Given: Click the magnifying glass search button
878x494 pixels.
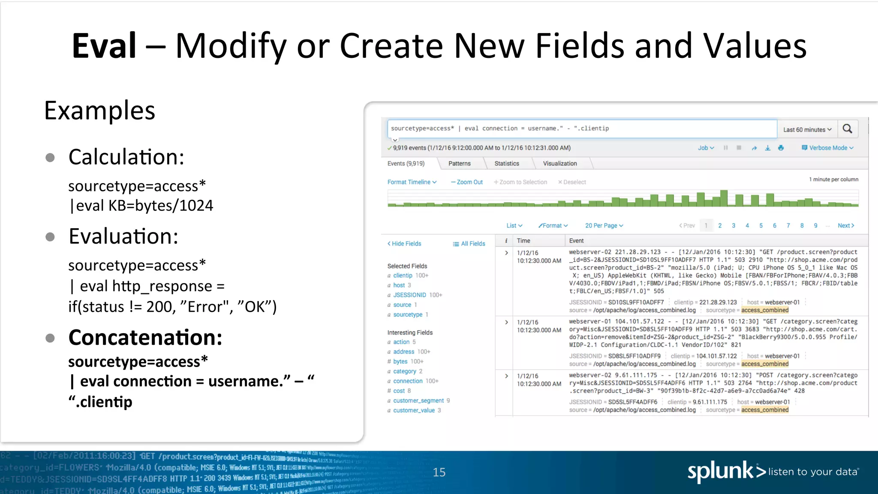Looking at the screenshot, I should pos(847,129).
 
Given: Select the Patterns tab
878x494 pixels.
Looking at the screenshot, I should pos(459,163).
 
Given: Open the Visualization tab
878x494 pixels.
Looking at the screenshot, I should pos(559,163).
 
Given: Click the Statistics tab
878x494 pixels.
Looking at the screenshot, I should pos(506,163).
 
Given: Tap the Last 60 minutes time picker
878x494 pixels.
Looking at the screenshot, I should pos(807,130).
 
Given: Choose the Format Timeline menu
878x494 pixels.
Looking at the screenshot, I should pos(412,182).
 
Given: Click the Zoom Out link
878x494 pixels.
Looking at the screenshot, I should pos(467,182).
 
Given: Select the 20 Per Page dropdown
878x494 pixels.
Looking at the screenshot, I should pos(604,226).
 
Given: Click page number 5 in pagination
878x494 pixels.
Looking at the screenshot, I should pos(761,226).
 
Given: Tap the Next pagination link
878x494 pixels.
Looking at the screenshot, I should pos(845,226).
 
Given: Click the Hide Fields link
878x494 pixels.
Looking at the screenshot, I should pos(404,244).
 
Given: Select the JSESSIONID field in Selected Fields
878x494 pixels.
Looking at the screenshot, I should pos(409,295).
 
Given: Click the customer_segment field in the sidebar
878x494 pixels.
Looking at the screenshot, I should pos(418,401).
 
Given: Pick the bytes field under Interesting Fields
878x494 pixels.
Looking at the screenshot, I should pos(400,361).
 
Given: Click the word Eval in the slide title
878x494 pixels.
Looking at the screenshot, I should pos(104,46).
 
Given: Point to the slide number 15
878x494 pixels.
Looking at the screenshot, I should pos(439,472).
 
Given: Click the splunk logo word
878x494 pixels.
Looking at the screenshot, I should pos(720,472).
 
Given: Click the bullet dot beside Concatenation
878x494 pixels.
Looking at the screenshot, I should pos(50,338).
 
